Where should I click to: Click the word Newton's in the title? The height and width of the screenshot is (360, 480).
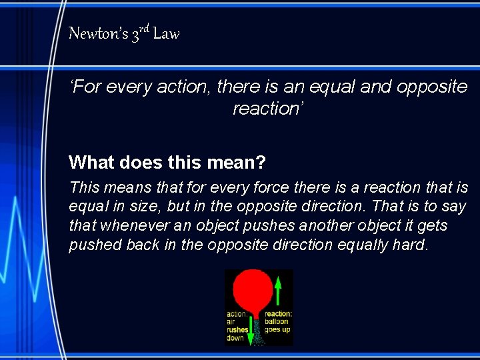pyautogui.click(x=97, y=33)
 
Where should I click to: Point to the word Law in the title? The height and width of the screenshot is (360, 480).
pyautogui.click(x=166, y=33)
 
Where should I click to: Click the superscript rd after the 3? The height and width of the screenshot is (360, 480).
pyautogui.click(x=145, y=28)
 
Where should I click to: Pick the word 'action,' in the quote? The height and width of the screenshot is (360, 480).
pyautogui.click(x=181, y=87)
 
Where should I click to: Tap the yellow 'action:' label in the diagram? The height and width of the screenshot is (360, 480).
pyautogui.click(x=237, y=314)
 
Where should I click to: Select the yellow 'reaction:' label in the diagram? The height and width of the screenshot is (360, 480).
pyautogui.click(x=278, y=314)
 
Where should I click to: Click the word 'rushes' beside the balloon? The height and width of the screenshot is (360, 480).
pyautogui.click(x=237, y=329)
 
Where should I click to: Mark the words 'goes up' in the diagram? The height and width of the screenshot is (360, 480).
pyautogui.click(x=277, y=329)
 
